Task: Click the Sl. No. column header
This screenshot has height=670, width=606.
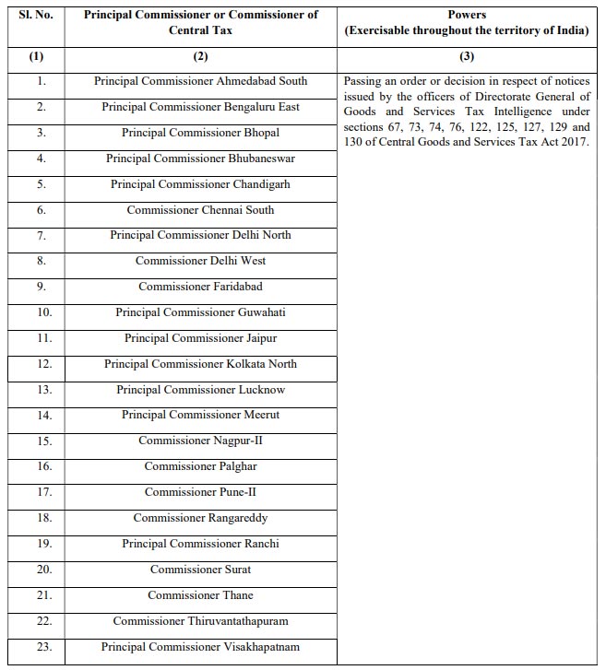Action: tap(36, 15)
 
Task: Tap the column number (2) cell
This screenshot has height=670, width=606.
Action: tap(200, 56)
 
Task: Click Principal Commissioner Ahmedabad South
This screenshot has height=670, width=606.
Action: tap(200, 81)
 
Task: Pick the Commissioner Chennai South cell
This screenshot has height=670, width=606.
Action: tap(200, 209)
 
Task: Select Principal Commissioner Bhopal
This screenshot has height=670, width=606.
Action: tap(200, 133)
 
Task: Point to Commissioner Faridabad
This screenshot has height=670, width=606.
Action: tap(200, 287)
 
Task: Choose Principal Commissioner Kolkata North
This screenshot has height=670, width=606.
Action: tap(200, 364)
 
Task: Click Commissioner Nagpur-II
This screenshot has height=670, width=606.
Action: tap(200, 441)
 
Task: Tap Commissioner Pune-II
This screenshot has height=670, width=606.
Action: tap(200, 492)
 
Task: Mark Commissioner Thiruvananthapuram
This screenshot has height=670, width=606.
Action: tap(200, 621)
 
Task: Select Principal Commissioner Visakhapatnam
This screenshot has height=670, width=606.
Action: tap(200, 647)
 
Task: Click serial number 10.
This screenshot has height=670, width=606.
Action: tap(36, 312)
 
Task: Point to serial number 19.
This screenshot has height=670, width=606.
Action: tap(36, 544)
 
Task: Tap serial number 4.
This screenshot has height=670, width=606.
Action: tap(36, 159)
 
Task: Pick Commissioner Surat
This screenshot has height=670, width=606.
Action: tap(200, 570)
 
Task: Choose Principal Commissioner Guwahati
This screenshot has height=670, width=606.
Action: tap(200, 312)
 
